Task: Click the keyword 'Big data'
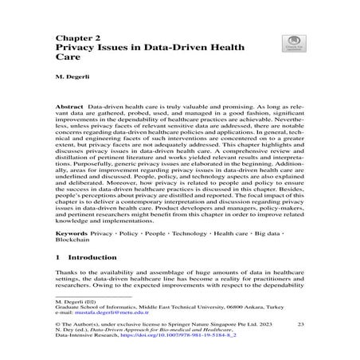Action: click(268, 236)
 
